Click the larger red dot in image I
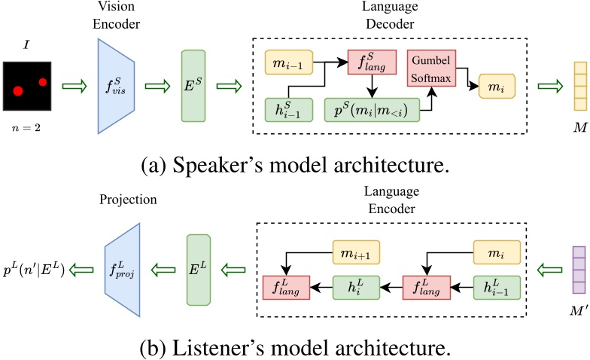tap(17, 91)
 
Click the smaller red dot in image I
tap(43, 82)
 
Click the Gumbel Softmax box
tap(429, 68)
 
